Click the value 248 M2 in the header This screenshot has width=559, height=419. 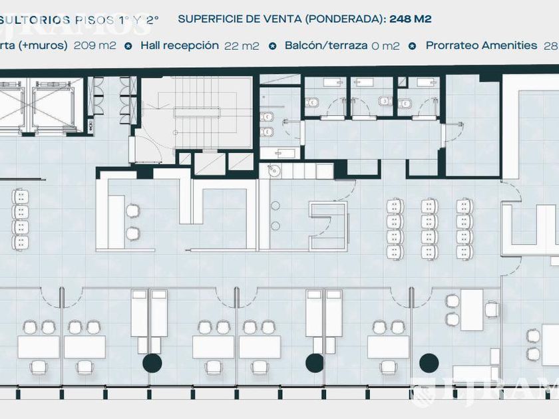410,19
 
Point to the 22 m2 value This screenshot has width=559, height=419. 242,46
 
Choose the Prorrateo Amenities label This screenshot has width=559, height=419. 481,46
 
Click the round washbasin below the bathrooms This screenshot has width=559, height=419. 275,171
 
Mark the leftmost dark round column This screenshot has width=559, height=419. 152,362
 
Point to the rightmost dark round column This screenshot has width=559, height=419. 429,362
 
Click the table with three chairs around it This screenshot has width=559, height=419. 472,310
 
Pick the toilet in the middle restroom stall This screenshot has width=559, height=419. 385,102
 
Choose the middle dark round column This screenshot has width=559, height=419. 314,362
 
